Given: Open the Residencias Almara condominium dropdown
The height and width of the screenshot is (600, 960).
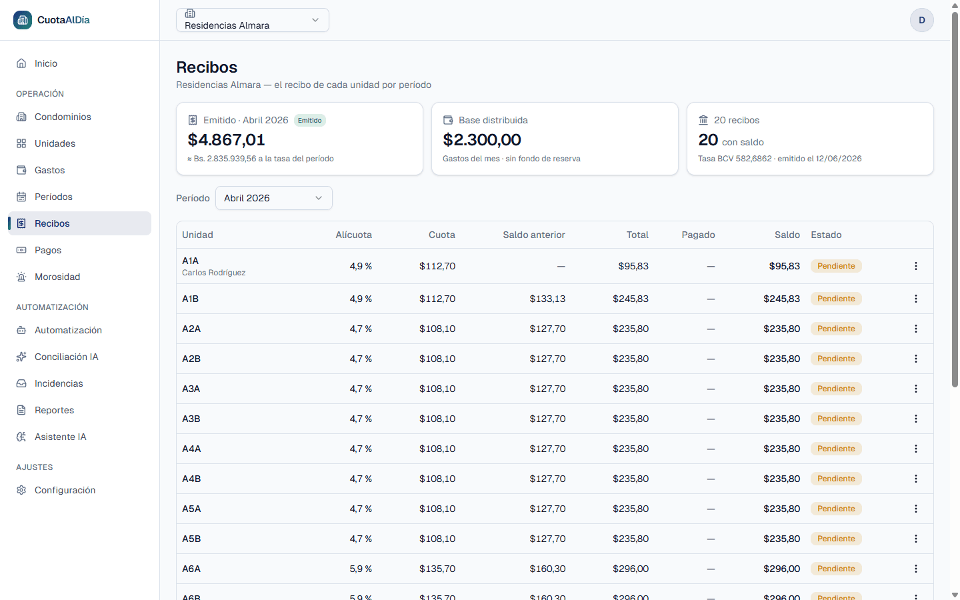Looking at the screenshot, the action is [253, 20].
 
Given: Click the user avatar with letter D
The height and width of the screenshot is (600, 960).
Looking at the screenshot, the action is [921, 20].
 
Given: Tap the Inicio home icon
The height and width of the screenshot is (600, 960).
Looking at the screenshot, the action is [21, 63].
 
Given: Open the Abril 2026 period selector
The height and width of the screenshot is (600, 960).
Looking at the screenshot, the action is [273, 198].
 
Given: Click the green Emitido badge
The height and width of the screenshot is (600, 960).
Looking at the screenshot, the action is [309, 121].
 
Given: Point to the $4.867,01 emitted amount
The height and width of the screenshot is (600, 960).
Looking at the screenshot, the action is [226, 140].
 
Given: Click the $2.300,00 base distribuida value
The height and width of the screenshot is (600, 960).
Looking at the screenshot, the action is [482, 140].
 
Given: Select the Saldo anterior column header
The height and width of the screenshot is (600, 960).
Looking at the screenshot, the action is [534, 235].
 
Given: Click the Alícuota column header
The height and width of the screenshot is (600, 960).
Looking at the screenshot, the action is [353, 235].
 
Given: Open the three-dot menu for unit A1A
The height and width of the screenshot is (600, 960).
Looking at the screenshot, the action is [916, 266].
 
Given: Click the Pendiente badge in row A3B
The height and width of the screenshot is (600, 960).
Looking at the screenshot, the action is [836, 419].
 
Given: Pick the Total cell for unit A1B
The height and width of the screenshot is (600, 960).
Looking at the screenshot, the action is [631, 299].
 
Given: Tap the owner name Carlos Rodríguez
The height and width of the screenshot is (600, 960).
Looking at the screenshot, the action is [213, 273].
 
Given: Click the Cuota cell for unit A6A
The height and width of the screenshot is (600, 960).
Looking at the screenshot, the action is [437, 569].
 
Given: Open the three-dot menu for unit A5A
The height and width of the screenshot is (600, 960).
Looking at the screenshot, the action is [916, 509].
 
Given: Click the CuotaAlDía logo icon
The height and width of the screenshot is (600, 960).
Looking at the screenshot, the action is [23, 20].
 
